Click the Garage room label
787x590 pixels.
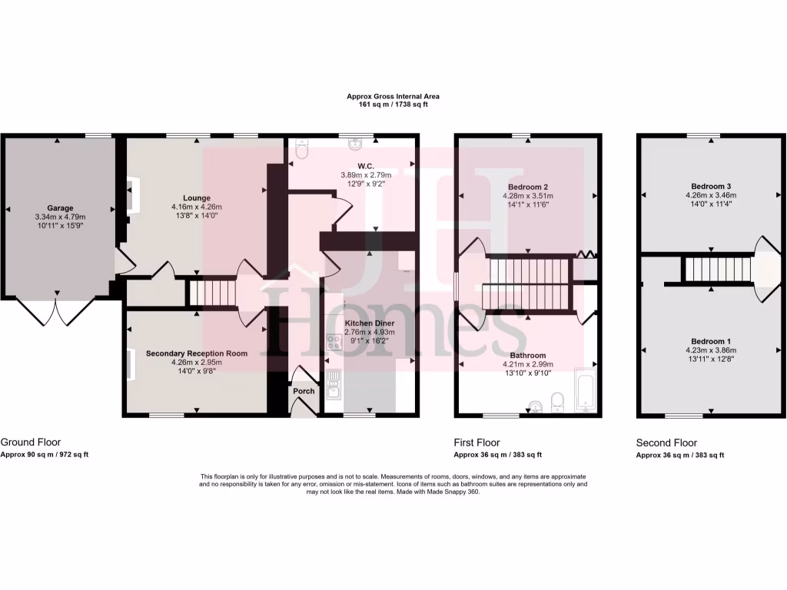pyautogui.click(x=60, y=208)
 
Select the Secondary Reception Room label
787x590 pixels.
pyautogui.click(x=197, y=353)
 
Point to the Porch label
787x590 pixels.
pyautogui.click(x=304, y=391)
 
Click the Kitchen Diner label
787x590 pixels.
pyautogui.click(x=370, y=323)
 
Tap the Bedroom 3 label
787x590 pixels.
pyautogui.click(x=710, y=187)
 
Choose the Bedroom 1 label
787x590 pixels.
pyautogui.click(x=710, y=341)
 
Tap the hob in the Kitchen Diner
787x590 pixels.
pyautogui.click(x=334, y=342)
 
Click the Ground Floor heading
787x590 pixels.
pyautogui.click(x=31, y=442)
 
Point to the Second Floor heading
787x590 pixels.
pyautogui.click(x=666, y=443)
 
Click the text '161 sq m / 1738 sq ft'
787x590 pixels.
pyautogui.click(x=393, y=104)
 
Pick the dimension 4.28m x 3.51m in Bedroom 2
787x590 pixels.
pyautogui.click(x=527, y=196)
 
